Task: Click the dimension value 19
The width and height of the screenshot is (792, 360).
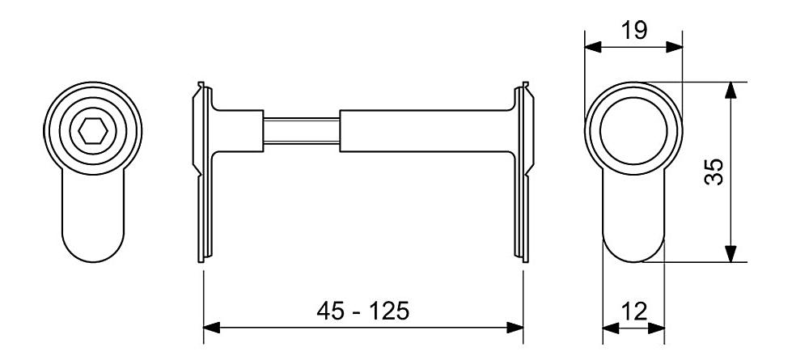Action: pos(633,31)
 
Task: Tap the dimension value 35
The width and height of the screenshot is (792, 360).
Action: pos(714,172)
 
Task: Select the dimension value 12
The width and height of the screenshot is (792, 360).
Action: pos(633,311)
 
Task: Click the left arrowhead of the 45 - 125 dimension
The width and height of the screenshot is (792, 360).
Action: pos(212,327)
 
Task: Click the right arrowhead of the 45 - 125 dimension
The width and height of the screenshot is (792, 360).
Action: pos(515,327)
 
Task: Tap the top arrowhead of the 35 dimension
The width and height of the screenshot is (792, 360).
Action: pos(731,91)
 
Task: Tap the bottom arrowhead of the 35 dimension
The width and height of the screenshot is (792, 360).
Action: pos(731,253)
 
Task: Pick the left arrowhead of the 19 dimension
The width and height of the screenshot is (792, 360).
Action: pos(593,47)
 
